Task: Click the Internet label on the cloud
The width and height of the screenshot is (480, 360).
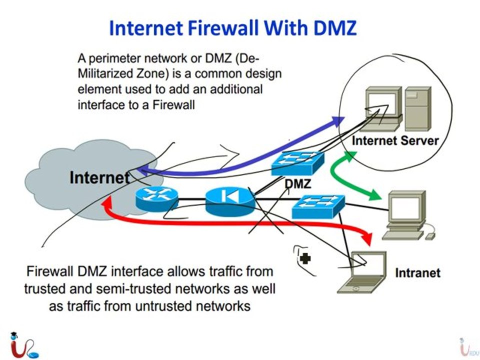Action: pos(99,177)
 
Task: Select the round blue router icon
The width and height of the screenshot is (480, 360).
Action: pos(156,198)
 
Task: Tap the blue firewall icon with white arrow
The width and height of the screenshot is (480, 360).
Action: pos(230,201)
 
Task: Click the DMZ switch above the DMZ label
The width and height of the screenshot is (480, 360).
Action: pos(297,164)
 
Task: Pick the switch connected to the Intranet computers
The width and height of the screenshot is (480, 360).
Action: pos(318,206)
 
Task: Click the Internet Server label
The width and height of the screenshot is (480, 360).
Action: pos(395,140)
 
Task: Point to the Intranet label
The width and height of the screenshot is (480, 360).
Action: pos(418,273)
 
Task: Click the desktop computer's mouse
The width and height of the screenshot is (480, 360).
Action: pos(430,236)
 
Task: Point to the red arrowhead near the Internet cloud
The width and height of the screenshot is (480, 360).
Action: pos(108,202)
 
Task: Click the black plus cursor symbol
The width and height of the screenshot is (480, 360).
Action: pos(305,258)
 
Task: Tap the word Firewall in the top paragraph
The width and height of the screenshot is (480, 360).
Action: pos(173,105)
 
